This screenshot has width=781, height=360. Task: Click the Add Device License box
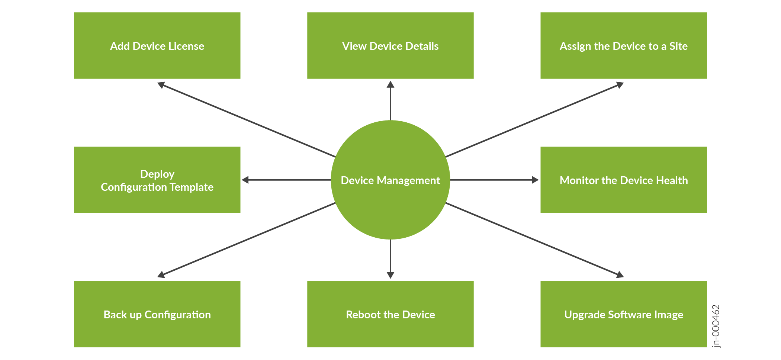click(x=157, y=45)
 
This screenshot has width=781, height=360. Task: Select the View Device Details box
click(x=390, y=45)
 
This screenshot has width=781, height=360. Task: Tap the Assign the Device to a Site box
click(x=623, y=45)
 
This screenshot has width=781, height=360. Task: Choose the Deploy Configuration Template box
click(x=157, y=180)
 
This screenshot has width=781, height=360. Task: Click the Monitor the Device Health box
click(x=623, y=180)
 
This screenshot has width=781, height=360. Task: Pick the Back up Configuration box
click(x=157, y=314)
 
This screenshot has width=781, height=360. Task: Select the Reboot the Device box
click(x=390, y=314)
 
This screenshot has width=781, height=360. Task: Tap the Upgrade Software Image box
click(x=623, y=314)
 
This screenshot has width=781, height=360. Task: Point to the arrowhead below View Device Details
click(x=390, y=85)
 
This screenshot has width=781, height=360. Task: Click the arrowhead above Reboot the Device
click(x=390, y=275)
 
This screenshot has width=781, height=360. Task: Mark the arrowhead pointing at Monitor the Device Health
click(x=535, y=180)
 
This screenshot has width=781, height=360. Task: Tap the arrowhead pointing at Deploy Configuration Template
click(x=245, y=180)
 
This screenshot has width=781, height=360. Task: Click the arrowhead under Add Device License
click(x=161, y=85)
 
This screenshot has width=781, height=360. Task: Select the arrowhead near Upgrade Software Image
click(x=620, y=274)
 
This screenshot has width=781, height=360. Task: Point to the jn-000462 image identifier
click(x=716, y=326)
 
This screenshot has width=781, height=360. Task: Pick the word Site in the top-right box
click(x=678, y=46)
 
